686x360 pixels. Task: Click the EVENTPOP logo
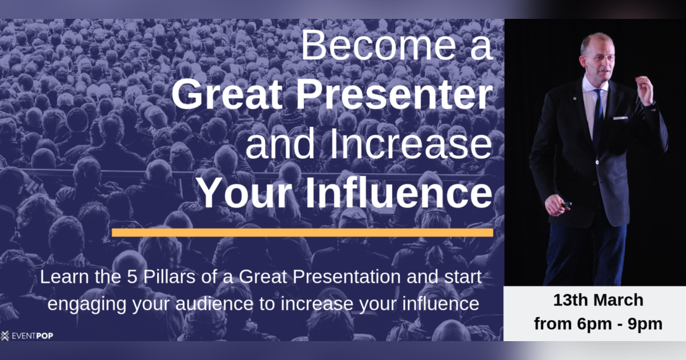pyautogui.click(x=27, y=335)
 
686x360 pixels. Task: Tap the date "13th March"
pyautogui.click(x=598, y=301)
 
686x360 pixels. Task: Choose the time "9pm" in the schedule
pyautogui.click(x=644, y=324)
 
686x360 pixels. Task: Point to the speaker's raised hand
pyautogui.click(x=645, y=90)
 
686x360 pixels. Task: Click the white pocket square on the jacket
pyautogui.click(x=620, y=118)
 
